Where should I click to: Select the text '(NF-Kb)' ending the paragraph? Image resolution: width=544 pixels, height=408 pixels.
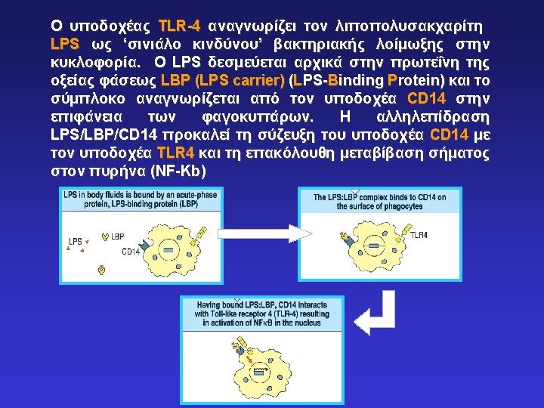point(178,172)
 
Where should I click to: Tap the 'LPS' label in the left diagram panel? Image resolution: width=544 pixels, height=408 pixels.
point(76,242)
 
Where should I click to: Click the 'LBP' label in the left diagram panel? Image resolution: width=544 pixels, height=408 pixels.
point(117,236)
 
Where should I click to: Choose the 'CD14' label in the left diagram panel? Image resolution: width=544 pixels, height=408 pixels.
point(130,251)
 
